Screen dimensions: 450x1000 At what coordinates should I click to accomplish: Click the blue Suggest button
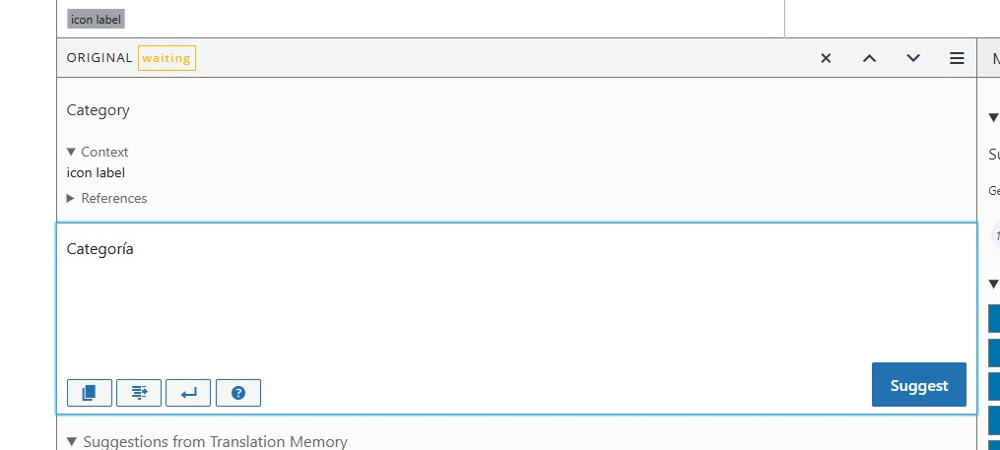tap(918, 385)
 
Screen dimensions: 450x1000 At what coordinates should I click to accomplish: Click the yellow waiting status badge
tap(167, 58)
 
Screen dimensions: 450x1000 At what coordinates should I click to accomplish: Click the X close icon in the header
tap(826, 58)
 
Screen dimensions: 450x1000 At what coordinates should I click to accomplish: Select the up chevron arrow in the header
tap(869, 58)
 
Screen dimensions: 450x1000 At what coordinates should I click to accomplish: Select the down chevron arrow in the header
tap(913, 58)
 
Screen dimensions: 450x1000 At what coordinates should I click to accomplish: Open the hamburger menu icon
tap(957, 58)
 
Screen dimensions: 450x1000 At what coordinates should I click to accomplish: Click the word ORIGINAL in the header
tap(100, 58)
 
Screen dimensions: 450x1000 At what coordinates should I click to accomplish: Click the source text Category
tap(98, 110)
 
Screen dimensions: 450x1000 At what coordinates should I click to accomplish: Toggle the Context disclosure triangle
tap(71, 152)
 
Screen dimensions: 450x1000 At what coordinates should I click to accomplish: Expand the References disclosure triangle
tap(71, 198)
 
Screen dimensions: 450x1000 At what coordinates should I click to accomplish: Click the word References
tap(114, 198)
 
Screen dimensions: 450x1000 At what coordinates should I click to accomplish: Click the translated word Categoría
tap(100, 249)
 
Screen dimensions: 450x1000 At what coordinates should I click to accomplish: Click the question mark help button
tap(238, 393)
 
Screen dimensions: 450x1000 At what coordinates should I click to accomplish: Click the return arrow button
tap(188, 393)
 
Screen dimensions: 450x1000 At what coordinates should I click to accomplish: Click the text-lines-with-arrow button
tap(139, 393)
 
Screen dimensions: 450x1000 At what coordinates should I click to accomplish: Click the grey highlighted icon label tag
tap(97, 19)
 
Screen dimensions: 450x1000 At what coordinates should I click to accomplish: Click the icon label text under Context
tap(96, 173)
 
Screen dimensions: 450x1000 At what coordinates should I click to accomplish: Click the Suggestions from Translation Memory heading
tap(215, 442)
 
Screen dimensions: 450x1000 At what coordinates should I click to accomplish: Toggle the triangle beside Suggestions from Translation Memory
tap(72, 442)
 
